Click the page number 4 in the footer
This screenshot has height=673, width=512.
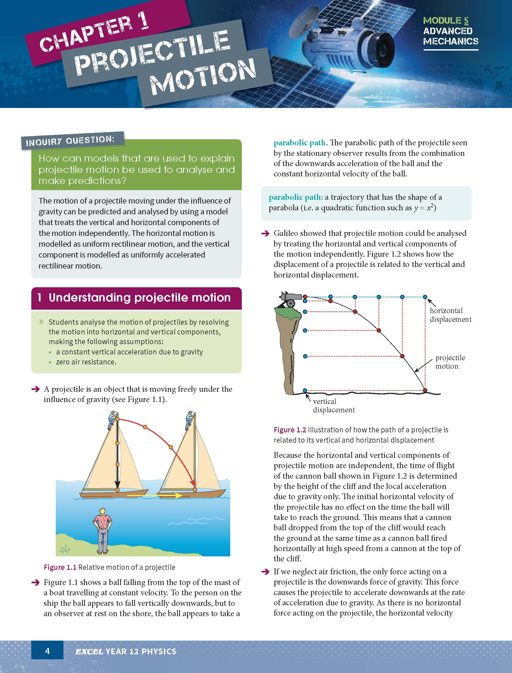pyautogui.click(x=47, y=651)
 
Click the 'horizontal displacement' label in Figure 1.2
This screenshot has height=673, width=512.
pyautogui.click(x=450, y=315)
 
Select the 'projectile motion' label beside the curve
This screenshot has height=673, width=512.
pyautogui.click(x=450, y=362)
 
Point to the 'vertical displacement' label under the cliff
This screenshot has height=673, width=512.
pyautogui.click(x=333, y=405)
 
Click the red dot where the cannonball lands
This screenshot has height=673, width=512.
pyautogui.click(x=425, y=390)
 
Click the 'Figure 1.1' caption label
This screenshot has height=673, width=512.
pyautogui.click(x=60, y=567)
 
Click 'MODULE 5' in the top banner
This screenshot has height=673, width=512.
pyautogui.click(x=445, y=21)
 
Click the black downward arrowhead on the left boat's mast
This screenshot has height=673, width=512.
pyautogui.click(x=118, y=484)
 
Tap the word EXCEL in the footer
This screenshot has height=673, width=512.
pyautogui.click(x=89, y=652)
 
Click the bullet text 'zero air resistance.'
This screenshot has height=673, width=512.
pyautogui.click(x=86, y=362)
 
